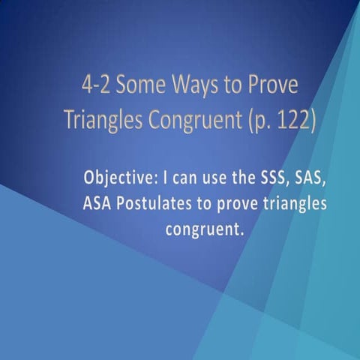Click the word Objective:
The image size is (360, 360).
[118, 180]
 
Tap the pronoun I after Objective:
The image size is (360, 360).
[162, 179]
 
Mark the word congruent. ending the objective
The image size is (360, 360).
[205, 229]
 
